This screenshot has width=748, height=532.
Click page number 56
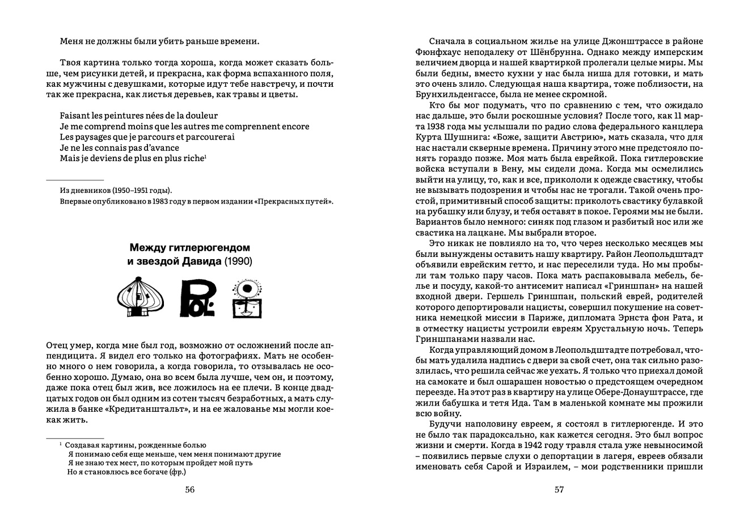tap(190, 490)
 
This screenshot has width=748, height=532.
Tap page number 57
tap(559, 490)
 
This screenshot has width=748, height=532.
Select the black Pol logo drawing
tap(197, 298)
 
